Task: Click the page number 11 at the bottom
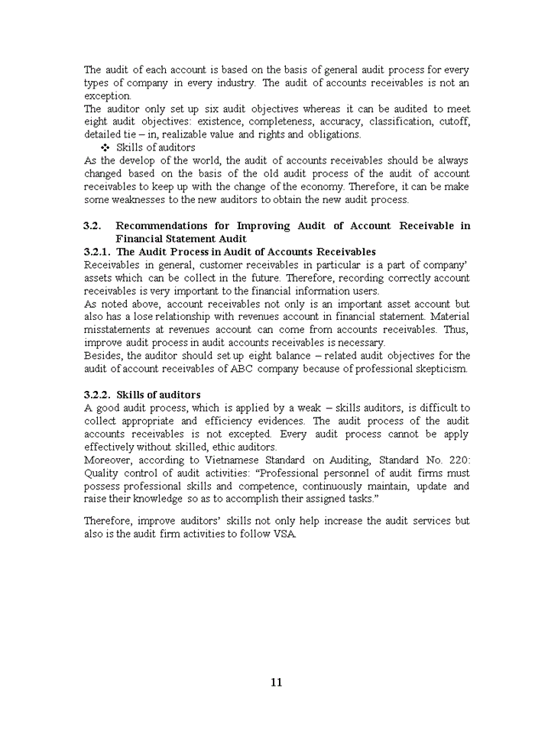pyautogui.click(x=276, y=682)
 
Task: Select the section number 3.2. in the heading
pyautogui.click(x=92, y=225)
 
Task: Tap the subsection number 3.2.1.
pyautogui.click(x=97, y=251)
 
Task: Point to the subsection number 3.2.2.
pyautogui.click(x=97, y=395)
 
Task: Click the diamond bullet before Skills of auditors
pyautogui.click(x=105, y=147)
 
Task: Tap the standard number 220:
pyautogui.click(x=459, y=460)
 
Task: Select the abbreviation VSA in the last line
pyautogui.click(x=284, y=534)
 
